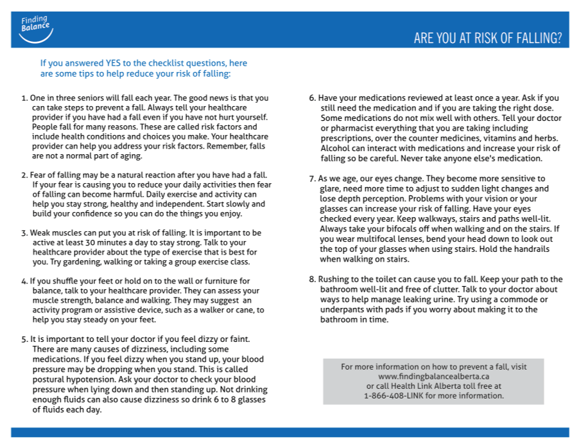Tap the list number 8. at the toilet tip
[313, 280]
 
